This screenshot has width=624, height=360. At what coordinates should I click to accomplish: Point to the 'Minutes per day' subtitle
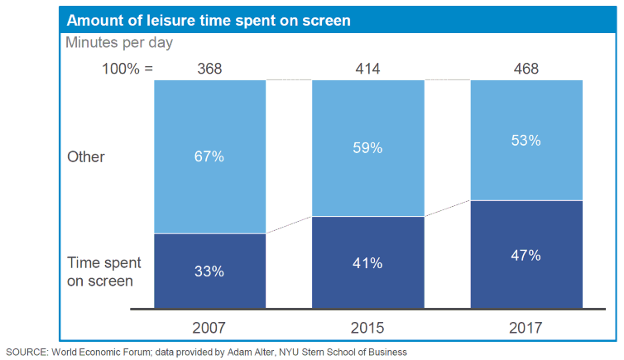pos(119,42)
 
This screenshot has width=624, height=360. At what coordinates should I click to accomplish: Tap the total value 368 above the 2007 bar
pos(209,69)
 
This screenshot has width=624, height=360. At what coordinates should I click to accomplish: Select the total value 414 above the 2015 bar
pos(367,69)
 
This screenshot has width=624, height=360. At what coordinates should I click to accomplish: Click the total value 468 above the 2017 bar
pos(526,69)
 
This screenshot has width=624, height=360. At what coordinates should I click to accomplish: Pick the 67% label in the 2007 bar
pos(210,156)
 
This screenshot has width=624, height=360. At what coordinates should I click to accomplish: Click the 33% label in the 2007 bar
pos(210,271)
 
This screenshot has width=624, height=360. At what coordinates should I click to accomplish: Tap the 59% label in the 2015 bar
pos(367,148)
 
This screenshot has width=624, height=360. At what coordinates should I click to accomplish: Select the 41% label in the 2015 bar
pos(367,263)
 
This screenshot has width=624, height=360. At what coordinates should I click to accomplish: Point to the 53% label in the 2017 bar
pos(526,140)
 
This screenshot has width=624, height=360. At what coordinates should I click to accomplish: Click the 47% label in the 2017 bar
pos(526,255)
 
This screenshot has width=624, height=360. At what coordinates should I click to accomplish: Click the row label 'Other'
pos(85,156)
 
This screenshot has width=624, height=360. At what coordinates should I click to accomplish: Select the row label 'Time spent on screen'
pos(103,271)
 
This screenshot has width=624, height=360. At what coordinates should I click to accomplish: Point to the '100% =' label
pos(127,69)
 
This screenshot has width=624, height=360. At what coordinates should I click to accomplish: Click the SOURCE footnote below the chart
pos(207,352)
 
